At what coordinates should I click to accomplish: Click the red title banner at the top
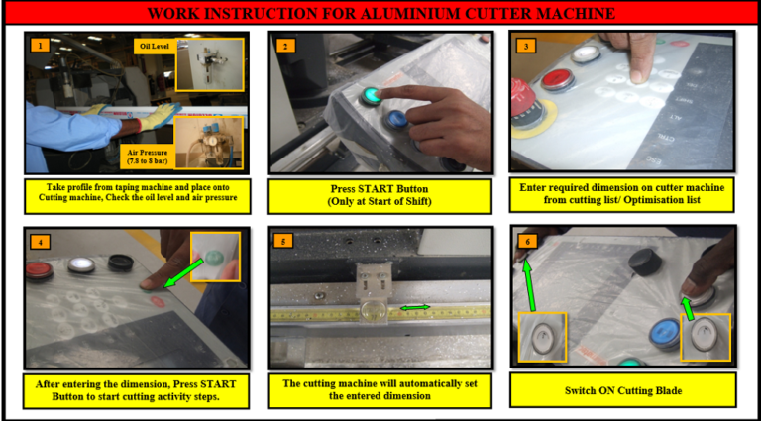coord(380,13)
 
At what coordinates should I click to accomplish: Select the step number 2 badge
coord(284,46)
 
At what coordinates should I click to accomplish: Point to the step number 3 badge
coord(526,46)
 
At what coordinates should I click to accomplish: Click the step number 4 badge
coord(38,241)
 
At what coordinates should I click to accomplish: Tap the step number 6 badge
coord(526,241)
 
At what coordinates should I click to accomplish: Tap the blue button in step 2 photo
coord(398,120)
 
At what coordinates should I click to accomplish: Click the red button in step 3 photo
coord(555,79)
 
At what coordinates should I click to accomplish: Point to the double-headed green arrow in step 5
coord(414,309)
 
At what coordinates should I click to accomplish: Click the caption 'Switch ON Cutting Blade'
coord(622,389)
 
